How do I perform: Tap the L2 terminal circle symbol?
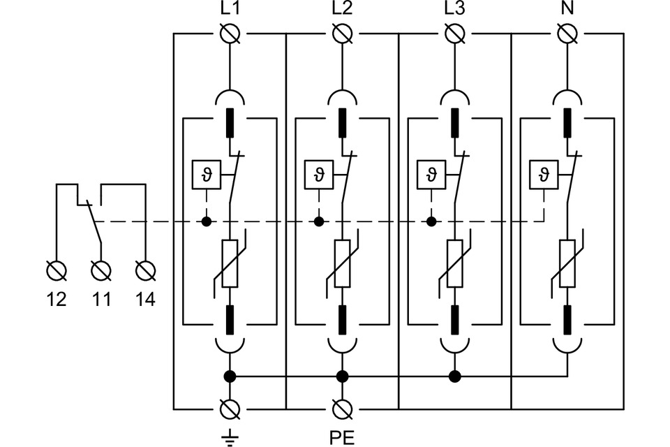point(342,33)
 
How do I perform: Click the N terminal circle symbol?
point(567,33)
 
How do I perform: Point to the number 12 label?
point(57,300)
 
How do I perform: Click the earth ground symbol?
point(229,436)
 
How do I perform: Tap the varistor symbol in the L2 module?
point(342,263)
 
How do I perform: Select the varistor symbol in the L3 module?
point(454,263)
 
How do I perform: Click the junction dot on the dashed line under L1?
point(206,222)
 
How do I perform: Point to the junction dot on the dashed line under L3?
point(432,222)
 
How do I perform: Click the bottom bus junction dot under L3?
point(455,377)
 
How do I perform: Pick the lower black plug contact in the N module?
point(567,319)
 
